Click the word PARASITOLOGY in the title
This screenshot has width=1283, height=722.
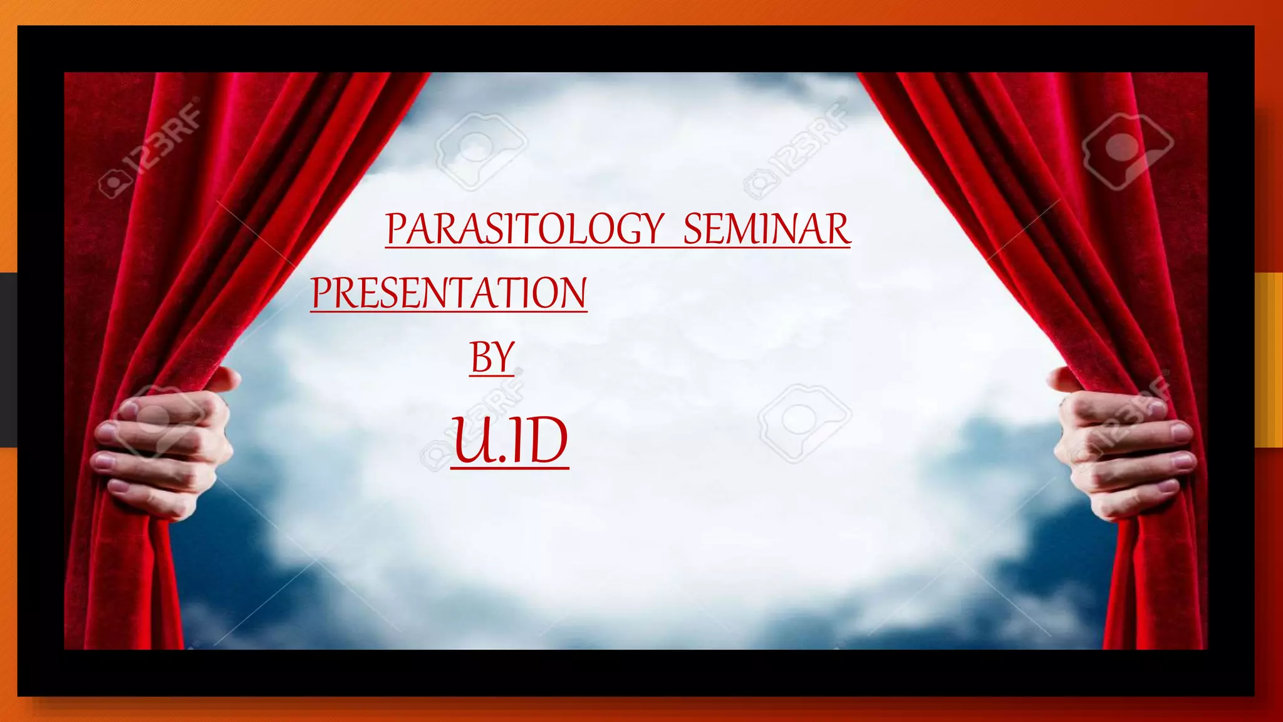tap(524, 229)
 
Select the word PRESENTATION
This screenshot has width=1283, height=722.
tap(449, 293)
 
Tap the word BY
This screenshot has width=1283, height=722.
tap(492, 357)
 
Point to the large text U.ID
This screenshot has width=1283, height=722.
tap(509, 441)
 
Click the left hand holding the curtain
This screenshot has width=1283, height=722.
tap(164, 448)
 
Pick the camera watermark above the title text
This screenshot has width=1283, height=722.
tap(480, 150)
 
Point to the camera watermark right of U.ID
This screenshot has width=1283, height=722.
tap(803, 422)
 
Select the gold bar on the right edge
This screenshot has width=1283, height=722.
tap(1269, 360)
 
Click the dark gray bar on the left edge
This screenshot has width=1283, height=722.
tap(8, 360)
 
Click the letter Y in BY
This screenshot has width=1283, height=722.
tap(502, 357)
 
